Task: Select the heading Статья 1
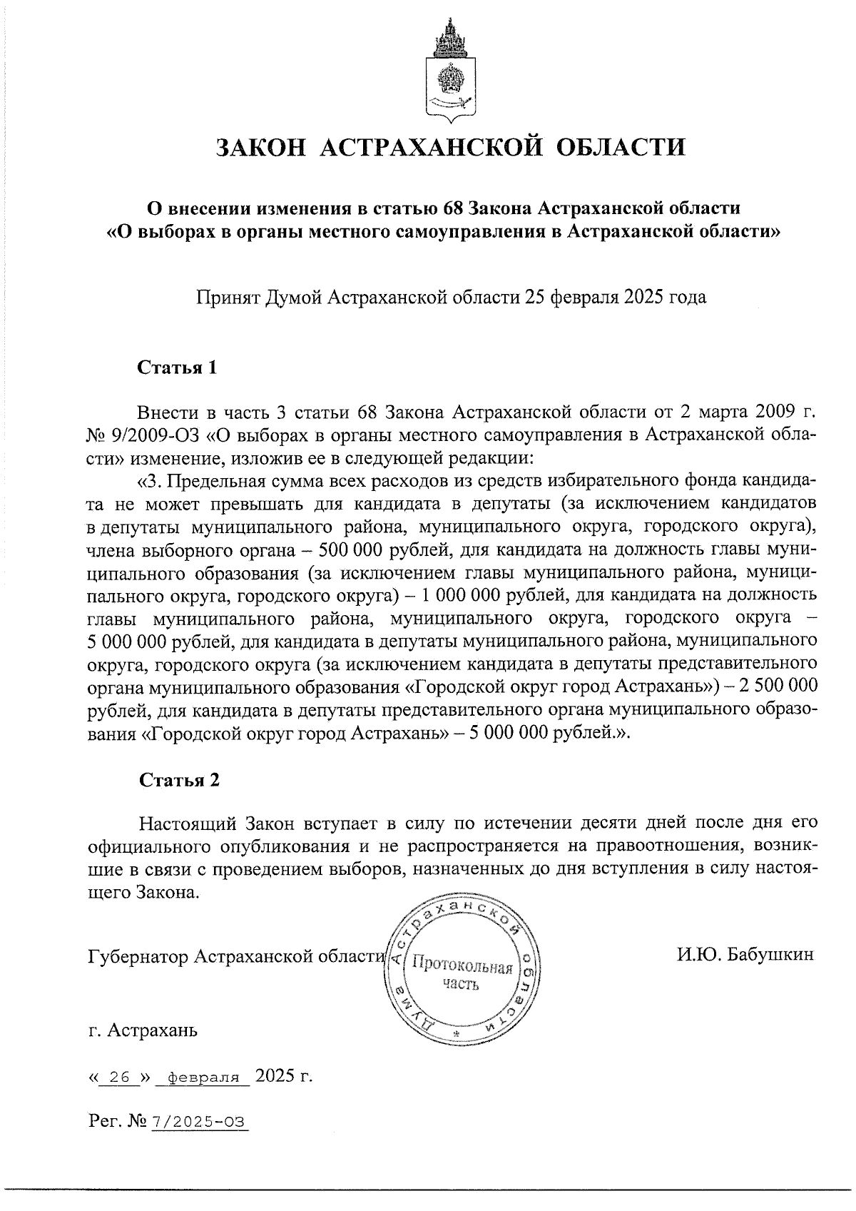[x=176, y=368]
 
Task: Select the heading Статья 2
[x=178, y=780]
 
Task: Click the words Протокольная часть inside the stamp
[x=462, y=976]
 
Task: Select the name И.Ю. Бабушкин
[x=745, y=954]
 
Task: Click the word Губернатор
[x=139, y=956]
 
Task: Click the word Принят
[x=228, y=297]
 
